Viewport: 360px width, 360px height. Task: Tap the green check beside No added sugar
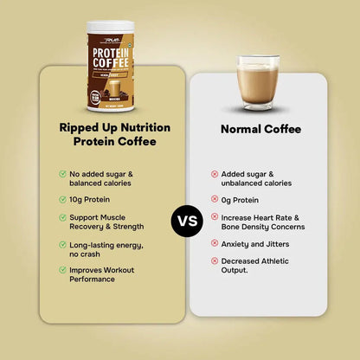[63, 172]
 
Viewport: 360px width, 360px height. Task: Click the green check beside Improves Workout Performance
[63, 269]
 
